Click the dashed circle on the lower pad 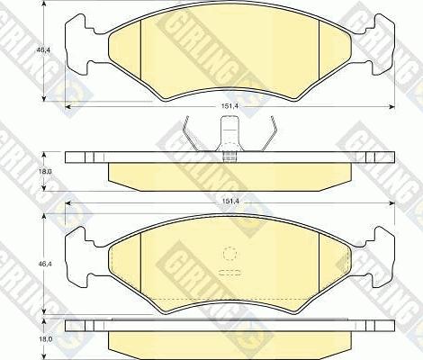pos(231,254)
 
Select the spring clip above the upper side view pos(231,139)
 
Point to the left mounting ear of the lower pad pos(83,255)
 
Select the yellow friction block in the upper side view pos(231,174)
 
